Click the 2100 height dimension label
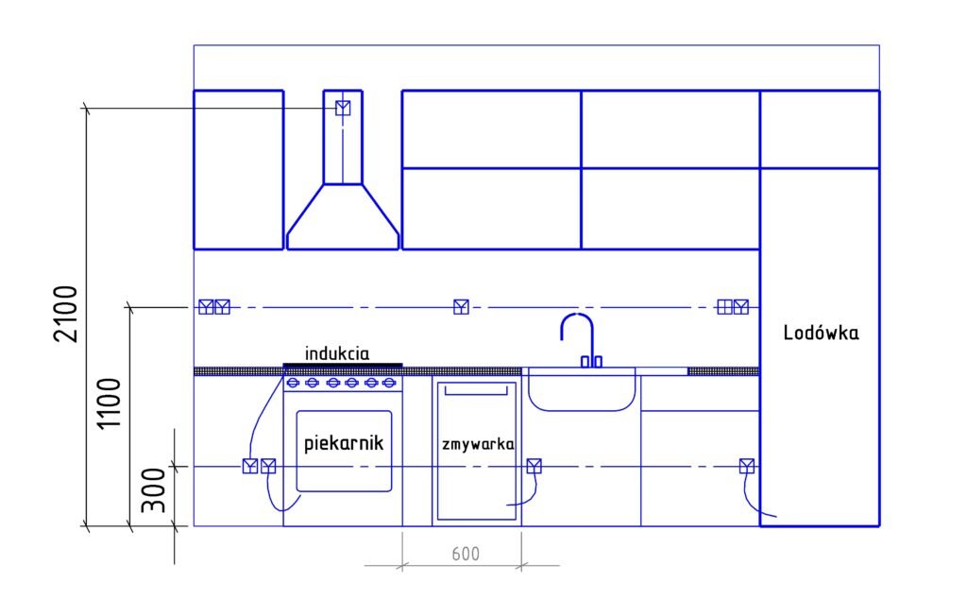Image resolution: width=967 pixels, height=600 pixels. pos(65,314)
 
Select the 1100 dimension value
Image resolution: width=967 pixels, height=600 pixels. pos(110,403)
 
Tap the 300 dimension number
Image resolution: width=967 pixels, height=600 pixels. pos(154,490)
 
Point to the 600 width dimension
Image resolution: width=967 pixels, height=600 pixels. pos(466,554)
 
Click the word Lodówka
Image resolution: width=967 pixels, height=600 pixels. pos(821,333)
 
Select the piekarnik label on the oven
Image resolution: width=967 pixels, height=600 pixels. pos(344,442)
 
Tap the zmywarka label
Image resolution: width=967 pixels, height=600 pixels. pos(478,444)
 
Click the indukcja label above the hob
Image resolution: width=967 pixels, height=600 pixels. pos(337,353)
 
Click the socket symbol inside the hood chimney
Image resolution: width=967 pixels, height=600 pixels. pos(343,108)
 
